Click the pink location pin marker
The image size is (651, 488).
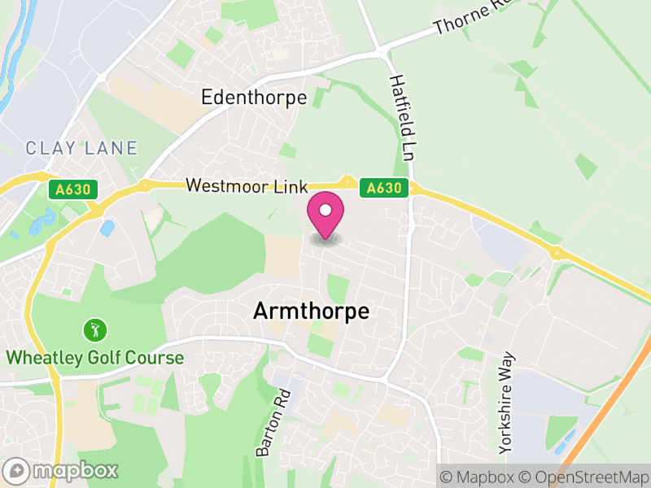click(x=325, y=214)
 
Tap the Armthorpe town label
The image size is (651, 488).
click(x=311, y=312)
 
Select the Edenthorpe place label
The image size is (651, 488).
click(x=254, y=98)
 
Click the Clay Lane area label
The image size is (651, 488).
click(x=81, y=148)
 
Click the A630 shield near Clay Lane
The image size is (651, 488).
click(x=72, y=190)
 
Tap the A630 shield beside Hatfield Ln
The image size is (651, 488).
click(x=384, y=188)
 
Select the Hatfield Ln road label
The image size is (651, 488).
click(x=403, y=116)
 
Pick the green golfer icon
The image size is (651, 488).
click(x=95, y=330)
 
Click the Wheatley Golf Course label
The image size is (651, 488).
click(x=95, y=357)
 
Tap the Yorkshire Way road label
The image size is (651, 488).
click(x=508, y=402)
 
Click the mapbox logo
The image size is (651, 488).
click(x=62, y=470)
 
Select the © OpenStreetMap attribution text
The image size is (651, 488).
click(x=583, y=476)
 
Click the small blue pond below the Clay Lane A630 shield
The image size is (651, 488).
click(x=107, y=229)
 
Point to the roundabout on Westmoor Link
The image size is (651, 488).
click(x=347, y=182)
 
